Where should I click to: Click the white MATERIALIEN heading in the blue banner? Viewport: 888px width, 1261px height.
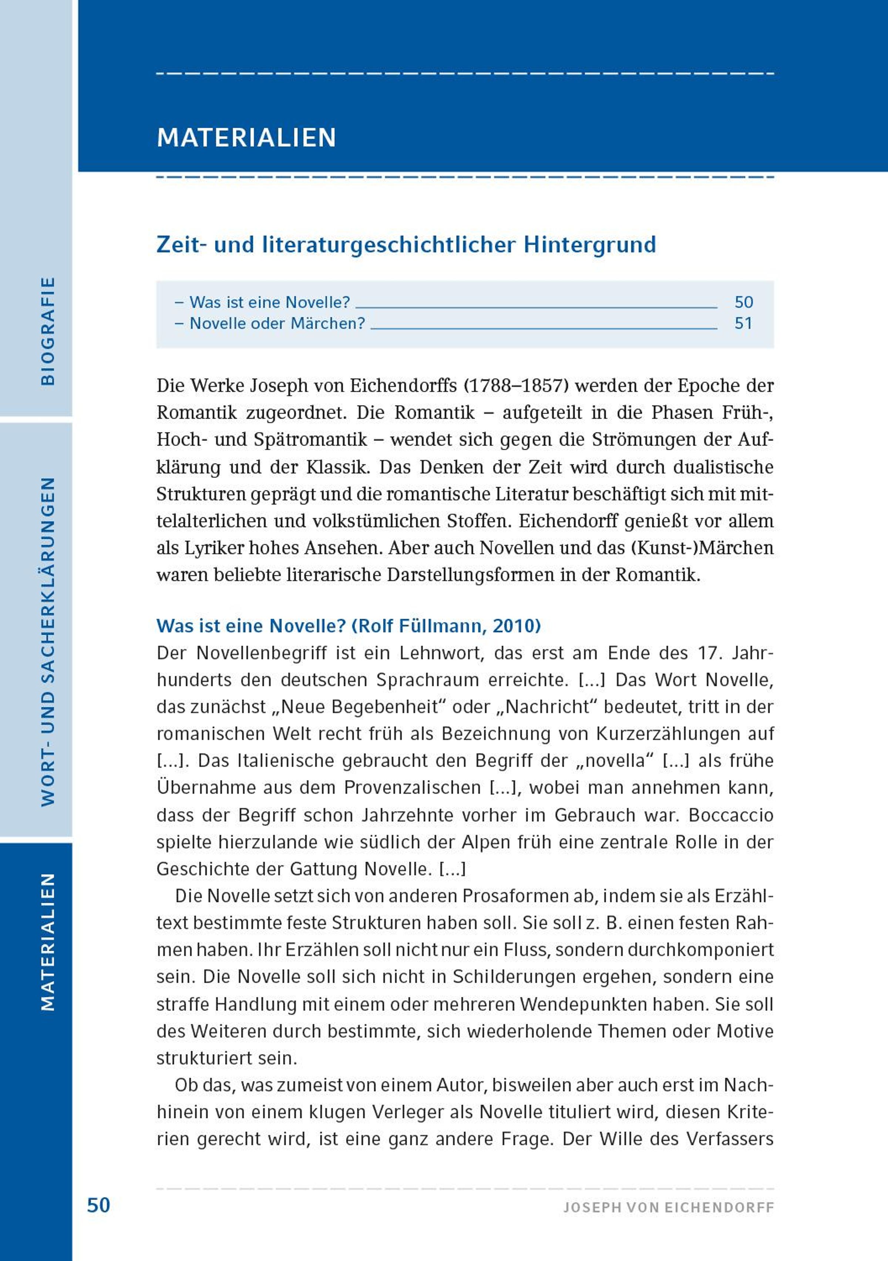(x=246, y=137)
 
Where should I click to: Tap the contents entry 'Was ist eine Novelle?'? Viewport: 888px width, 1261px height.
(x=269, y=302)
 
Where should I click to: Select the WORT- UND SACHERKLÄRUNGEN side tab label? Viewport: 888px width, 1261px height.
(x=48, y=642)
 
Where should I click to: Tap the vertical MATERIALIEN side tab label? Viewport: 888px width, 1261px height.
(x=48, y=941)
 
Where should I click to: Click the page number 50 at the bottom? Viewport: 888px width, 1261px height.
(x=99, y=1205)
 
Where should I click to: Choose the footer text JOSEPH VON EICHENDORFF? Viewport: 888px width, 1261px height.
(x=669, y=1207)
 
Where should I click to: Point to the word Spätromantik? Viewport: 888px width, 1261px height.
(x=311, y=440)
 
